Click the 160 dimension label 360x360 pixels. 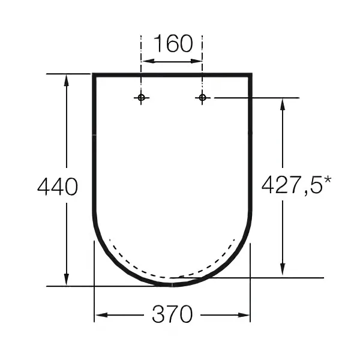click(173, 43)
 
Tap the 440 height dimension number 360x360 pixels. click(58, 187)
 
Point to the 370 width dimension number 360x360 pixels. click(172, 314)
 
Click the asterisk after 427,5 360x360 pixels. click(328, 180)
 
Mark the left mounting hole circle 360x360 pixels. click(141, 98)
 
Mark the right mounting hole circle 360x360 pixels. click(202, 98)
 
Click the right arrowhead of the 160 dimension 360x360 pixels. click(196, 61)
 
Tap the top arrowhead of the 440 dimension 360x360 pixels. click(67, 80)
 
